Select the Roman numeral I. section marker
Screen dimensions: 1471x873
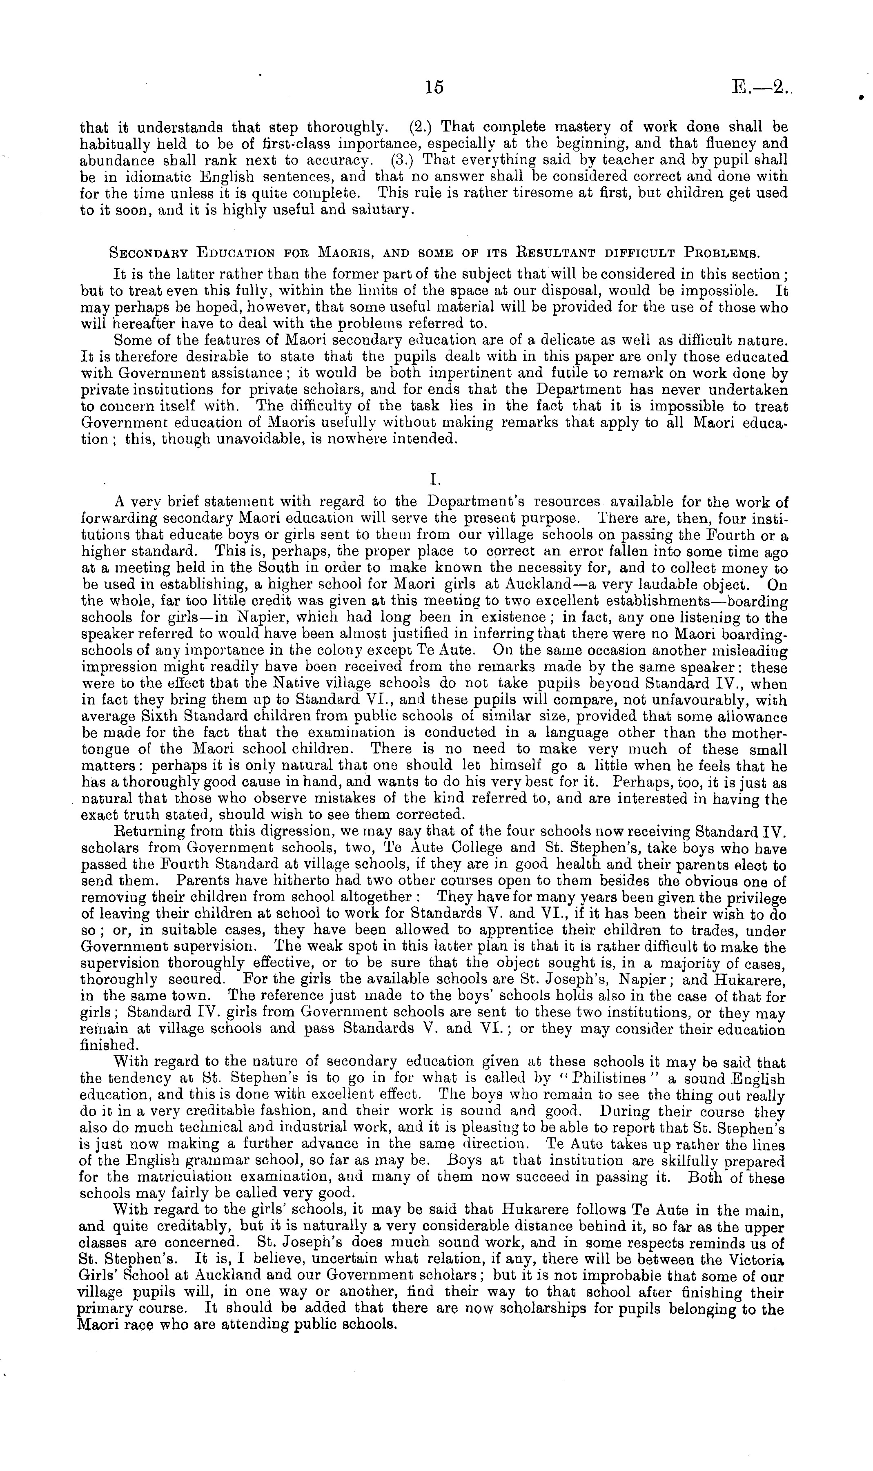pyautogui.click(x=435, y=479)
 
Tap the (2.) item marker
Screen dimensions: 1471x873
pyautogui.click(x=420, y=127)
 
